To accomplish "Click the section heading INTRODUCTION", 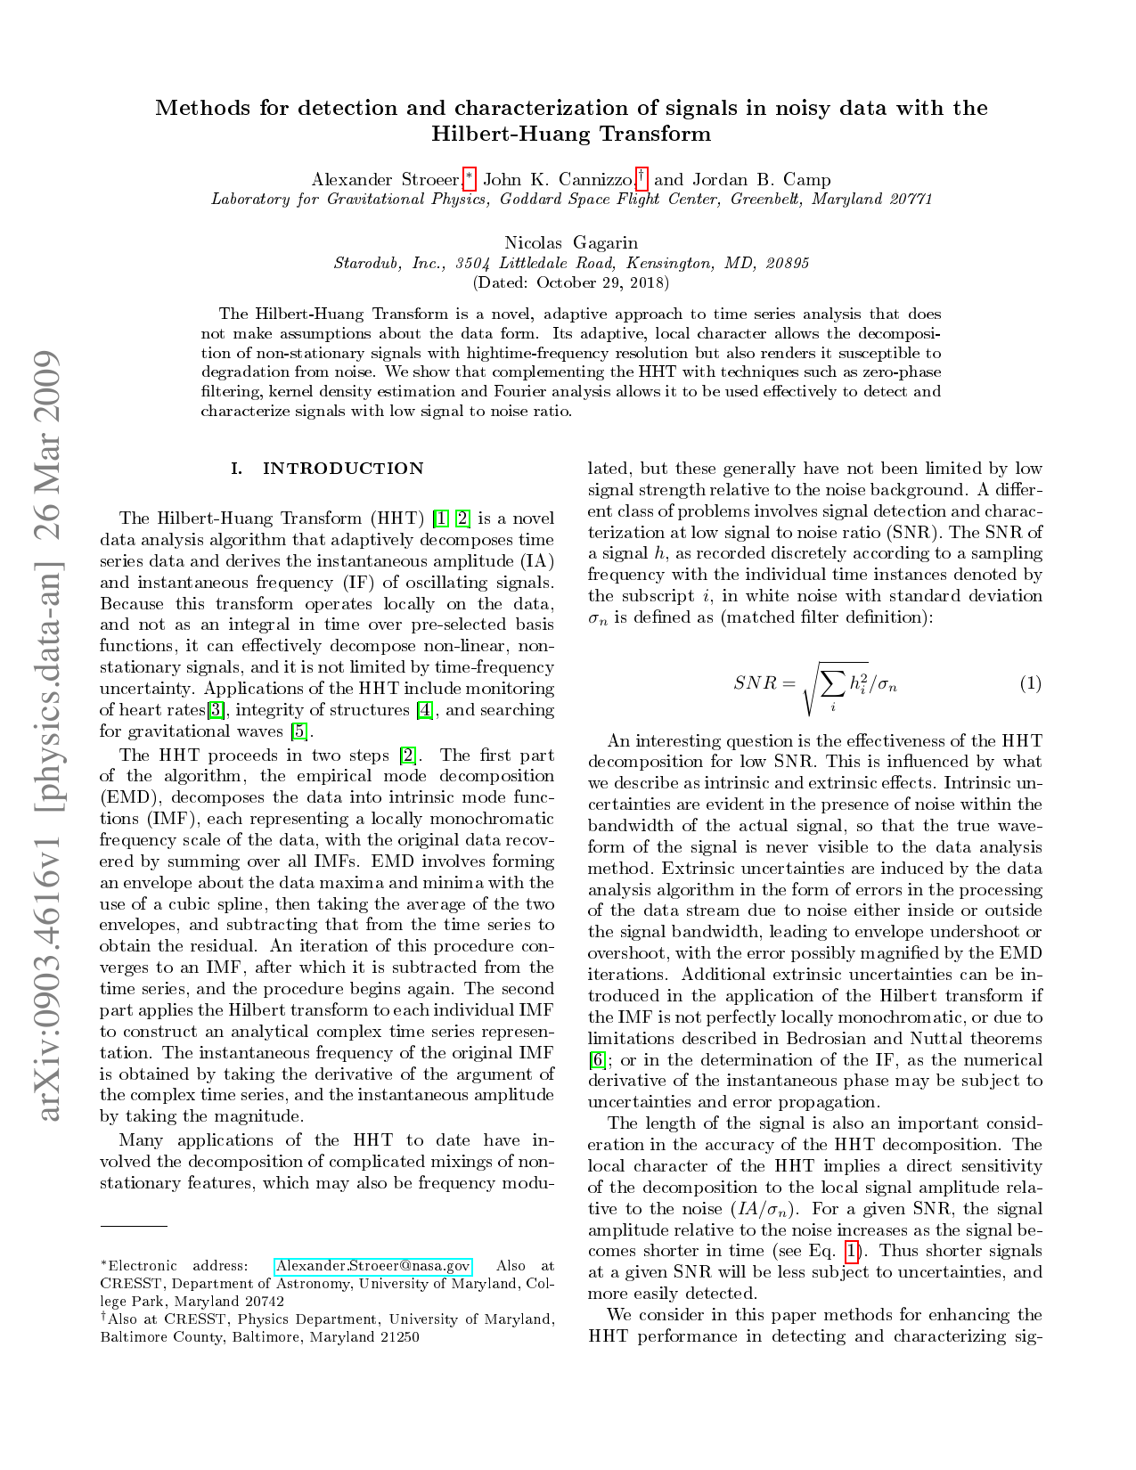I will click(x=343, y=469).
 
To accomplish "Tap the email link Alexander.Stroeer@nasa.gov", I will click(x=372, y=1266).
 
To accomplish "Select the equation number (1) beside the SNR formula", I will click(x=1030, y=684).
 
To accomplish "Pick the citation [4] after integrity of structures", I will click(x=425, y=710).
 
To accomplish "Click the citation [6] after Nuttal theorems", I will click(x=598, y=1060).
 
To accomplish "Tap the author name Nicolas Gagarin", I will click(x=571, y=242).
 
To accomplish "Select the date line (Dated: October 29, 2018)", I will click(x=570, y=282).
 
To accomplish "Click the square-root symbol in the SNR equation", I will click(x=811, y=684).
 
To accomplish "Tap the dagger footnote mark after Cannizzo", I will click(x=642, y=176).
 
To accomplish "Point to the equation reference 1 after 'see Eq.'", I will click(x=853, y=1252).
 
